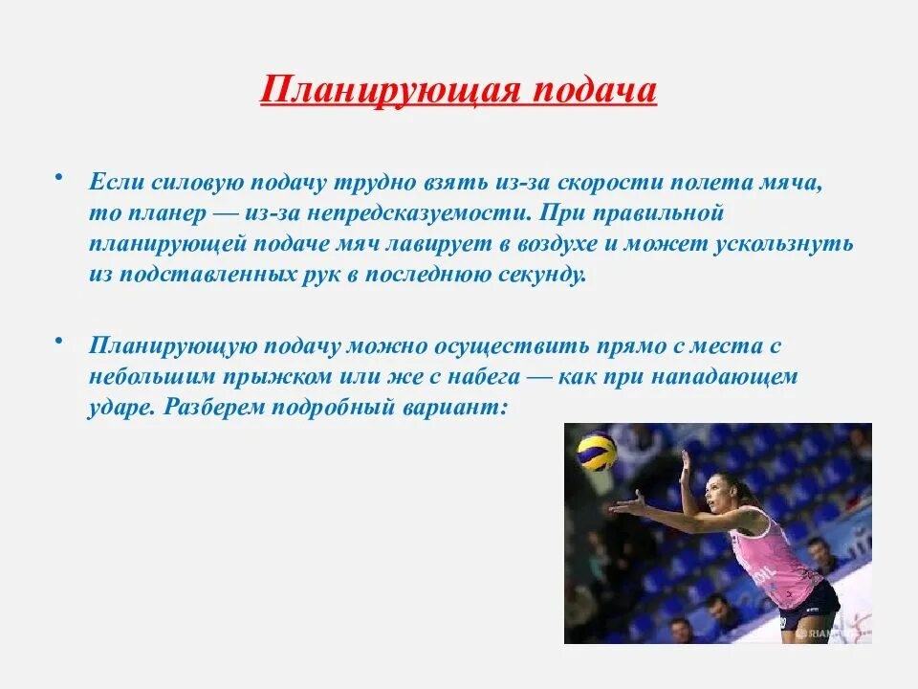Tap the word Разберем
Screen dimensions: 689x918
click(x=215, y=408)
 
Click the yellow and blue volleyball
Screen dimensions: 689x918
click(x=596, y=452)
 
